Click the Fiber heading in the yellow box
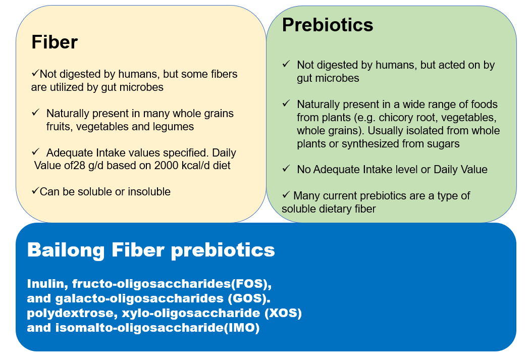coord(55,42)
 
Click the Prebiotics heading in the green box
coord(327,25)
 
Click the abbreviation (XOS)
coord(283,313)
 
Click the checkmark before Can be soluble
coord(35,191)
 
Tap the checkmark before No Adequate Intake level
coord(286,169)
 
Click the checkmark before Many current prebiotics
coord(286,195)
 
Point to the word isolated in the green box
coord(435,131)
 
